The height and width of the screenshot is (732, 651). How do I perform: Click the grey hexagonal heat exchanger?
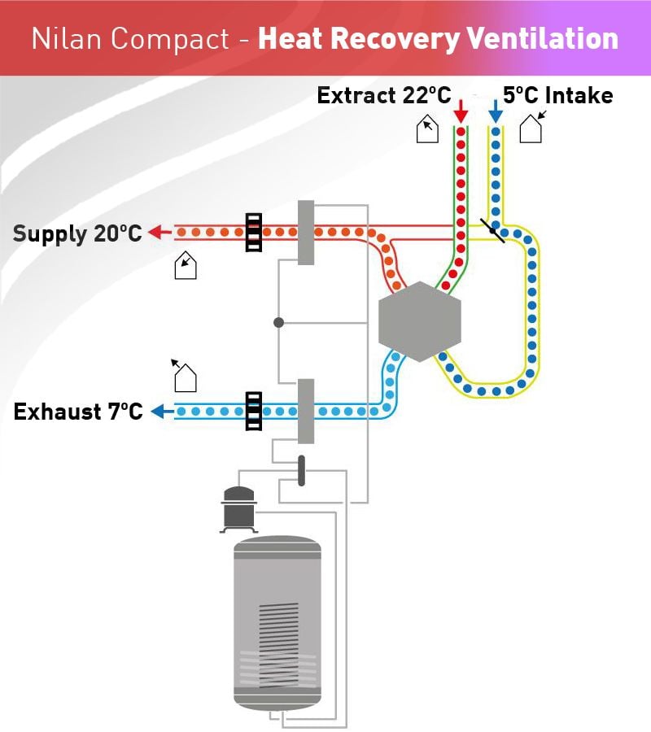419,321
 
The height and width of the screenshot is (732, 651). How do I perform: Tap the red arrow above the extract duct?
461,111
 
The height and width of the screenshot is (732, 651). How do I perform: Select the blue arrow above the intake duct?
496,111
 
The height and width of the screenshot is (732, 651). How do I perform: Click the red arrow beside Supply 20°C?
159,232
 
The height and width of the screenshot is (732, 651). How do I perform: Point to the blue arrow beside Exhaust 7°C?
162,412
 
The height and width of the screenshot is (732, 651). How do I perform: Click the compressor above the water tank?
238,510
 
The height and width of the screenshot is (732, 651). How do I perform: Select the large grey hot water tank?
277,623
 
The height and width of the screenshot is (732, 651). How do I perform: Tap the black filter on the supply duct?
254,233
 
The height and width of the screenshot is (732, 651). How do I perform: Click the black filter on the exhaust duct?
254,411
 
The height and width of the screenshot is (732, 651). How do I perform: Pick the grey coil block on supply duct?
306,233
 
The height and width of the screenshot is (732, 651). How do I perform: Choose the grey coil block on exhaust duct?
306,411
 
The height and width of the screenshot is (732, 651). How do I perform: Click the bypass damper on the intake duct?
492,231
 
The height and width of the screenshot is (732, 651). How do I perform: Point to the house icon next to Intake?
531,127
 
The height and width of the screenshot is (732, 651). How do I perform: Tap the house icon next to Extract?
427,129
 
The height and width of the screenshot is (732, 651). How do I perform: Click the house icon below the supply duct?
186,266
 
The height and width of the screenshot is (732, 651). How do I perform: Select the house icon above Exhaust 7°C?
185,377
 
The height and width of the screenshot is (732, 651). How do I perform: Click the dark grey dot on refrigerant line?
279,322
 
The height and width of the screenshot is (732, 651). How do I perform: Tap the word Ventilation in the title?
543,38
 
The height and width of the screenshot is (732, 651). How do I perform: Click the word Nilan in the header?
67,38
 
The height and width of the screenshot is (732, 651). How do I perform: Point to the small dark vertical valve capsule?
301,471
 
